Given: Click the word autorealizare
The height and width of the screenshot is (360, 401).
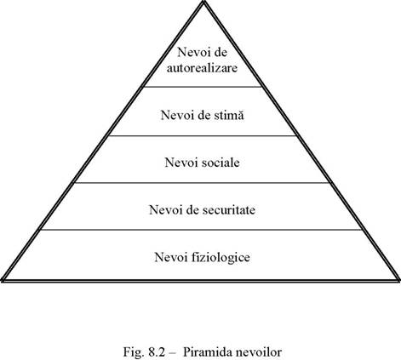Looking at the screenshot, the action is (x=202, y=68).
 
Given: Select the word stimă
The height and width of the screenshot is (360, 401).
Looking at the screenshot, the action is (x=229, y=115).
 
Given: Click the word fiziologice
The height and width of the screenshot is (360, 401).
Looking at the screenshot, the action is (x=221, y=258).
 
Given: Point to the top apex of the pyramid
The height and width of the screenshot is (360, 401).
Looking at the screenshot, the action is (x=203, y=2).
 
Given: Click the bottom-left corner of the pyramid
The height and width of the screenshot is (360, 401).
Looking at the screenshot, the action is (x=3, y=280).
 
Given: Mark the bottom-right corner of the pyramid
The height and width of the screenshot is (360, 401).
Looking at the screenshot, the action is (x=398, y=280).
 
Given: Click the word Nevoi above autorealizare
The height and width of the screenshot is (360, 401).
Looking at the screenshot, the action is (x=191, y=52).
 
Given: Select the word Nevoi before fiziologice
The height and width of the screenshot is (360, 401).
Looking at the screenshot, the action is (x=168, y=257).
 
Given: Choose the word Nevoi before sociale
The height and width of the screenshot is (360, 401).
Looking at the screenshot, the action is (x=178, y=163).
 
